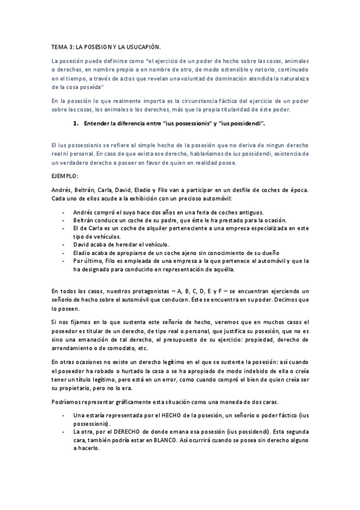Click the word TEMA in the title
(x=59, y=46)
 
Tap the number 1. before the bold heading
(x=76, y=124)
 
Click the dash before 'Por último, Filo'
(x=64, y=261)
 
